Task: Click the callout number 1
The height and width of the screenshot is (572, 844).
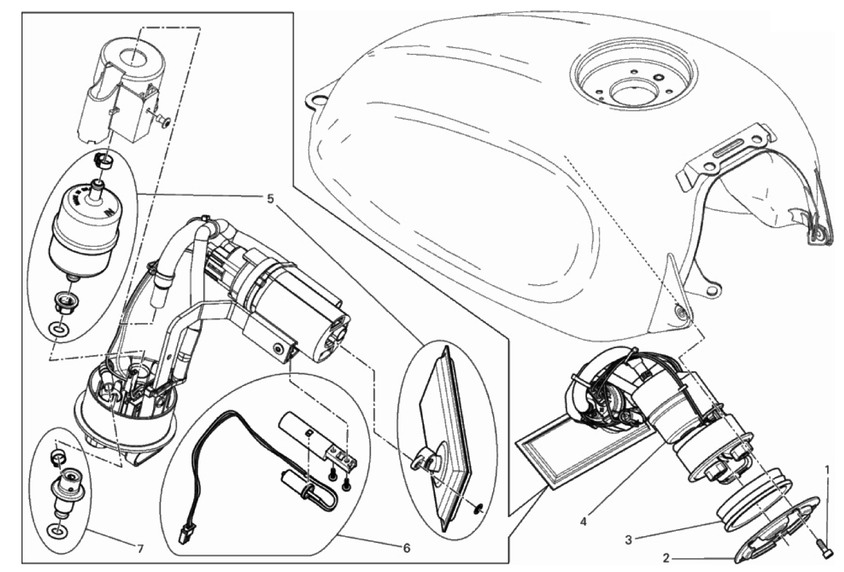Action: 827,470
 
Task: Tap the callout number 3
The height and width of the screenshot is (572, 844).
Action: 628,540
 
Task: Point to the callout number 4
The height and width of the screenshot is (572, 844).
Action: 584,522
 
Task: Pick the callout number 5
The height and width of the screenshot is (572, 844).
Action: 270,198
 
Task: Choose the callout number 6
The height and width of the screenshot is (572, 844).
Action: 406,548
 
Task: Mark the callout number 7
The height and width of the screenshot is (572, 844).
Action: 140,549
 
